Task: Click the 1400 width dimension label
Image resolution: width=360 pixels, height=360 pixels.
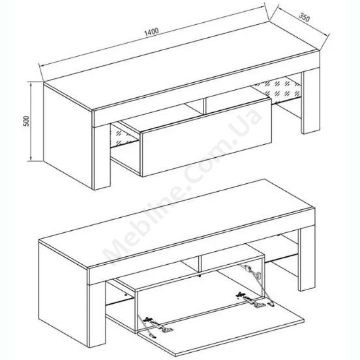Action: click(x=151, y=32)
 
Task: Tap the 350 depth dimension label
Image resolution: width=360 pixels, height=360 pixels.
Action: click(x=305, y=17)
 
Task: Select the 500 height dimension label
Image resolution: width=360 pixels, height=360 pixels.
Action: click(x=27, y=121)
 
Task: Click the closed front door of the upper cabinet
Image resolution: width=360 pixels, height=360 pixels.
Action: click(x=206, y=136)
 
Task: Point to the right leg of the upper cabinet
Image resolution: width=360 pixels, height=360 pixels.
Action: click(x=310, y=101)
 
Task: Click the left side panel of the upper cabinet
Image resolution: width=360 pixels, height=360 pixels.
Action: click(x=68, y=136)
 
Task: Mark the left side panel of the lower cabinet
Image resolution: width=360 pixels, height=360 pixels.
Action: click(x=64, y=293)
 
